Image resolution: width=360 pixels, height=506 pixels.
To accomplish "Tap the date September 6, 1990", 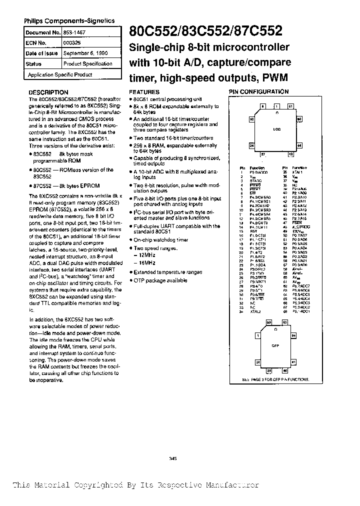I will click(85, 53).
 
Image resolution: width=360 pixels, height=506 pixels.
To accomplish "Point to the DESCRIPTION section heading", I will click(48, 92).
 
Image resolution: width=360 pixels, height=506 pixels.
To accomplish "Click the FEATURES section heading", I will click(144, 92).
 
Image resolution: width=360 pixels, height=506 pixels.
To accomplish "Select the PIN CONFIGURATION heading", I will click(258, 92).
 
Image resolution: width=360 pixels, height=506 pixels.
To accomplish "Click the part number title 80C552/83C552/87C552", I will click(205, 32).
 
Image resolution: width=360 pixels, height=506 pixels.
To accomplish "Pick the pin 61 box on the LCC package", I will click(290, 106).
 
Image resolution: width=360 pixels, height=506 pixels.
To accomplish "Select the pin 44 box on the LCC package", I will click(299, 145).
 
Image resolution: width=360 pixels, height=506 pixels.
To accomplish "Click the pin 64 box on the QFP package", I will click(285, 323).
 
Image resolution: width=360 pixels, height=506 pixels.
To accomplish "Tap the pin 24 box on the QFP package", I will click(258, 362).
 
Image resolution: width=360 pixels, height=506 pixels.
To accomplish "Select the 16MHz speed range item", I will click(146, 262).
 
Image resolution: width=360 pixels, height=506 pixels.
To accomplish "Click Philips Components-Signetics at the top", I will click(69, 21).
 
